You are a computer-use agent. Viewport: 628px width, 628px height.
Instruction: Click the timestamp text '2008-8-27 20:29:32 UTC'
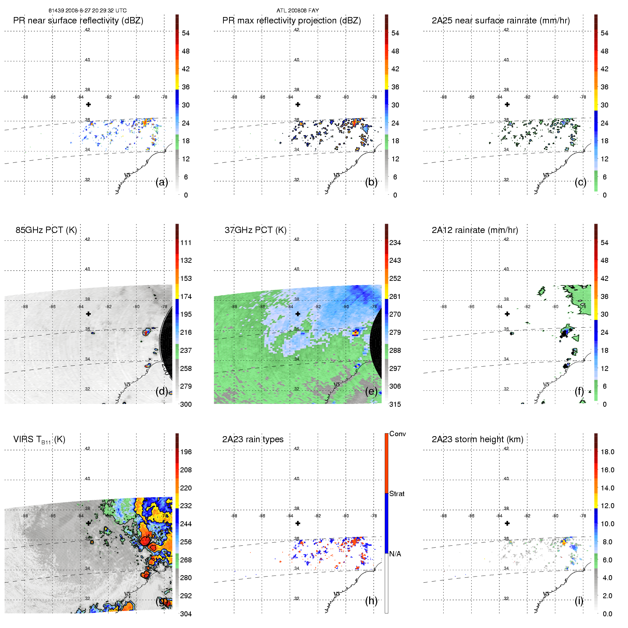coord(96,11)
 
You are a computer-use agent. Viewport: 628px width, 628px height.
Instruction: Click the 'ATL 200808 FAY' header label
coord(298,11)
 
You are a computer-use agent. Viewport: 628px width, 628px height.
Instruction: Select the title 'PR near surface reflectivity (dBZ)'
coord(78,21)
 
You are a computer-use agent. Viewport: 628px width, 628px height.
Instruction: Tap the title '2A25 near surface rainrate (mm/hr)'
coord(501,21)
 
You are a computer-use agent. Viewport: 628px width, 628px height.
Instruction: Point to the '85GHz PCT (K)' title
coord(46,230)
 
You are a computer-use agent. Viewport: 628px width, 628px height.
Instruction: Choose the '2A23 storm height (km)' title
coord(477,439)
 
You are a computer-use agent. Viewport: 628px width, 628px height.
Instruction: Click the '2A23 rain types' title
coord(253,439)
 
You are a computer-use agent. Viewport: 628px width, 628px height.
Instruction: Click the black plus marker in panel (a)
coord(88,105)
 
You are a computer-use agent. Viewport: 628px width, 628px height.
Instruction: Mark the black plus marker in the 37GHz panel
coord(298,314)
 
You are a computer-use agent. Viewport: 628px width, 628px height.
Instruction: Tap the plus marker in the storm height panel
coord(507,523)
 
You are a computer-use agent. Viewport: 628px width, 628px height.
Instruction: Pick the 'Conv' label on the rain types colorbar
coord(398,434)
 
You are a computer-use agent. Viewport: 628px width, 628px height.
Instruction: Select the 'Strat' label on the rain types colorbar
coord(397,494)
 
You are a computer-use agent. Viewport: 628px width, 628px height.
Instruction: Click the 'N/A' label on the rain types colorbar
coord(395,554)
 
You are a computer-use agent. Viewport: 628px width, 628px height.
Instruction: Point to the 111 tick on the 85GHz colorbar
coord(186,243)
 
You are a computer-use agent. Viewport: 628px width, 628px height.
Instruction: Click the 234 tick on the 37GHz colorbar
coord(395,243)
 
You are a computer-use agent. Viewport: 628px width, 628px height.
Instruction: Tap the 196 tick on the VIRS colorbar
coord(186,452)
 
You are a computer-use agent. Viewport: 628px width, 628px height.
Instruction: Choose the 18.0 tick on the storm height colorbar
coord(607,452)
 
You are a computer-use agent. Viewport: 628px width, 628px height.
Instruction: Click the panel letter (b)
coord(371,182)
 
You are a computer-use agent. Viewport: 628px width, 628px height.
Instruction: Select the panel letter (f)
coord(579,391)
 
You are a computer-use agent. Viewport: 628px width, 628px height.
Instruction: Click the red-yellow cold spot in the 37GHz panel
coord(356,333)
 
